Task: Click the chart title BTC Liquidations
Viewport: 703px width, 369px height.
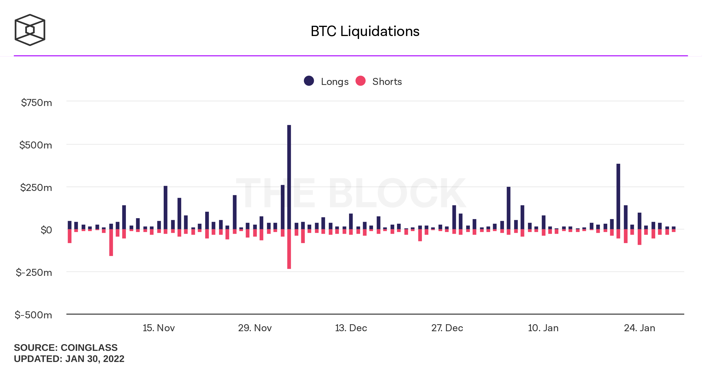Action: (x=365, y=31)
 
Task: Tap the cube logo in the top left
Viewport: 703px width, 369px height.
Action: (x=30, y=30)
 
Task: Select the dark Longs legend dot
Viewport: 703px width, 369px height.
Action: (x=309, y=81)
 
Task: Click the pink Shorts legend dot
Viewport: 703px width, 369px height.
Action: (x=360, y=81)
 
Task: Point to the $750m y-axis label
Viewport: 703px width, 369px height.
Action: (x=36, y=103)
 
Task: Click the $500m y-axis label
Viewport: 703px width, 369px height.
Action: (x=35, y=145)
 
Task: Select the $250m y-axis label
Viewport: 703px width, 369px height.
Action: (x=36, y=188)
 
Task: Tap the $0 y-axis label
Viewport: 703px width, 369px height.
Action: (x=46, y=230)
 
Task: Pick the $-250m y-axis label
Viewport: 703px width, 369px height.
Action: (x=34, y=273)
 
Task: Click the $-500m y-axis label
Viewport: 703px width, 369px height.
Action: (x=33, y=315)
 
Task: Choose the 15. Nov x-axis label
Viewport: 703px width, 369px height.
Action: (x=159, y=328)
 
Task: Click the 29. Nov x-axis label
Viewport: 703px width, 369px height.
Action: (x=255, y=328)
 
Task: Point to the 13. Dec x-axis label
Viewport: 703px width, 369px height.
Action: (x=351, y=328)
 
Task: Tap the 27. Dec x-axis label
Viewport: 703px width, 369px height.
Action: (x=447, y=328)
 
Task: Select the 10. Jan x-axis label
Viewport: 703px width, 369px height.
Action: (x=543, y=328)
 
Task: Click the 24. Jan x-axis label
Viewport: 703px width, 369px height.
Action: (x=639, y=328)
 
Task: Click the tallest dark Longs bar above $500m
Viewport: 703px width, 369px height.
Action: (x=289, y=176)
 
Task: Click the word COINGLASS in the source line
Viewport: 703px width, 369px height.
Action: (x=89, y=348)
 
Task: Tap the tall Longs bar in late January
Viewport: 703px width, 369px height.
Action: (x=618, y=196)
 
